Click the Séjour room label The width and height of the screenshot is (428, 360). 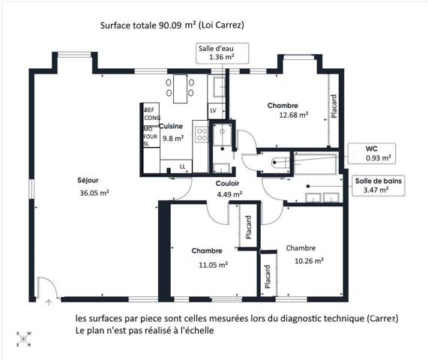(x=88, y=181)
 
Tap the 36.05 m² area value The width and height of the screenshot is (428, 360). (x=94, y=193)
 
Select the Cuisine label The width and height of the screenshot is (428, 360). (x=171, y=126)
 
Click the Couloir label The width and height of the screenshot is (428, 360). (x=227, y=184)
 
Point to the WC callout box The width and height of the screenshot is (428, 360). (x=372, y=153)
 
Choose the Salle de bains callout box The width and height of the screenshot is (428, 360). (x=379, y=185)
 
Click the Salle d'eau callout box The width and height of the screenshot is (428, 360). (x=222, y=53)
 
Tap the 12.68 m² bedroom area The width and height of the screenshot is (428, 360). (x=294, y=115)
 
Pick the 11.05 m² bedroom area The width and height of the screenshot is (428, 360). (x=214, y=265)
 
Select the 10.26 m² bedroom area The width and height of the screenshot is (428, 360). (x=310, y=261)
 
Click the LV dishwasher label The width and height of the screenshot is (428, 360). (x=213, y=110)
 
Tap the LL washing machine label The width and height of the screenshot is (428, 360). (x=182, y=166)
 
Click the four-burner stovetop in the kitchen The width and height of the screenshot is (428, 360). (x=202, y=134)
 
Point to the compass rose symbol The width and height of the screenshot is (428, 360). (x=24, y=339)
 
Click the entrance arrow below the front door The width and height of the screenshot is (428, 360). (x=49, y=302)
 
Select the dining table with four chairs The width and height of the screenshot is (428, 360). (x=180, y=88)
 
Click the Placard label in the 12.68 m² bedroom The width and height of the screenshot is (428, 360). (x=334, y=106)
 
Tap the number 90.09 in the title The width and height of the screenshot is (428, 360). (x=170, y=25)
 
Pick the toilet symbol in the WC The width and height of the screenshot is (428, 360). (x=280, y=163)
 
